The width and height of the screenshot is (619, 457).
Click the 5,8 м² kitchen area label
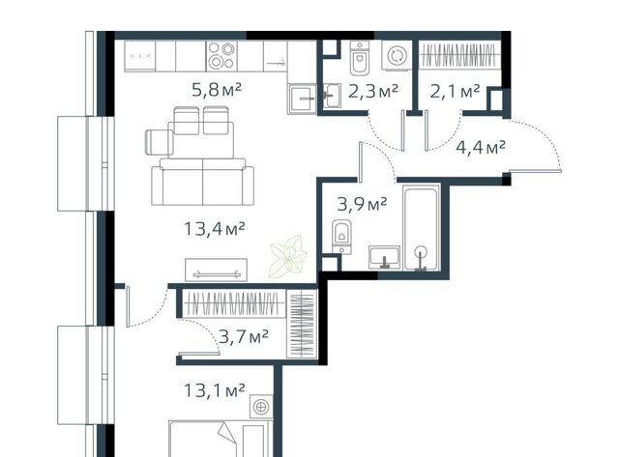[x=217, y=91]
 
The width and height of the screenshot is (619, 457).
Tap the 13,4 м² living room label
[x=215, y=229]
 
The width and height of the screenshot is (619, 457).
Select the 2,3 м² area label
[x=373, y=92]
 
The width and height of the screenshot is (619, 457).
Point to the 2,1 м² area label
[x=455, y=92]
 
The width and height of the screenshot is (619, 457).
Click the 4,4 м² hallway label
[x=481, y=148]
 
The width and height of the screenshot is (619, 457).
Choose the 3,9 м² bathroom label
[x=362, y=204]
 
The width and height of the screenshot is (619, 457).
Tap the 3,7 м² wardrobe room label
[x=244, y=337]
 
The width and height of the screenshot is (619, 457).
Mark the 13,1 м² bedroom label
[x=215, y=390]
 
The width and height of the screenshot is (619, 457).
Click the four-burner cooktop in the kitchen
[x=221, y=56]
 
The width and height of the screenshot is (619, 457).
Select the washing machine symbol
[x=396, y=56]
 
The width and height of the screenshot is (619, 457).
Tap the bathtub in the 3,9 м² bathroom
[x=422, y=227]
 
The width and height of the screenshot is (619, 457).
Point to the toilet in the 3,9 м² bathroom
[x=341, y=237]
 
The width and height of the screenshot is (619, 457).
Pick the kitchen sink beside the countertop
[x=302, y=99]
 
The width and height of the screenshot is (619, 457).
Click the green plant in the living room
[x=288, y=256]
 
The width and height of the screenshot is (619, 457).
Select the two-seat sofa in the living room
[x=202, y=182]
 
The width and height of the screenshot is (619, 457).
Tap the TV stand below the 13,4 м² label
[x=217, y=270]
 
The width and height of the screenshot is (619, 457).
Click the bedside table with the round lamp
[x=261, y=407]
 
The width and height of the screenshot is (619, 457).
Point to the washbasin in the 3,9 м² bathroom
[x=385, y=257]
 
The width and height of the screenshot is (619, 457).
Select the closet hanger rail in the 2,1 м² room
[x=458, y=55]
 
